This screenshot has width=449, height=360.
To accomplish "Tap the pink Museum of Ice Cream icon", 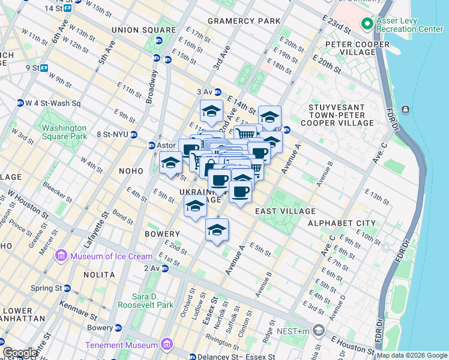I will tap(61, 257).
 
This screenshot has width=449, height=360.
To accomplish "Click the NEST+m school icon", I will tap(318, 331).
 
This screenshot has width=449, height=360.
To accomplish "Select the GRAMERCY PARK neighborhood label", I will tap(244, 21).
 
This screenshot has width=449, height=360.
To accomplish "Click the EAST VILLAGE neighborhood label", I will tap(285, 211).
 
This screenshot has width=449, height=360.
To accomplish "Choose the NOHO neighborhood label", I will tap(131, 171).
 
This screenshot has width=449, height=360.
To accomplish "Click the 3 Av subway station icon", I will tap(218, 92).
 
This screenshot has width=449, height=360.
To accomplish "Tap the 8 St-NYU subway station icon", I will tap(134, 134).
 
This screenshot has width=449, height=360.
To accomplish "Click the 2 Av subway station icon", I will tap(164, 268).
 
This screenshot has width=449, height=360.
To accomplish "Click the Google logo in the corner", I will tap(20, 353).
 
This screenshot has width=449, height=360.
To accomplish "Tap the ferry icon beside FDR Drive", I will tap(406, 109).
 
